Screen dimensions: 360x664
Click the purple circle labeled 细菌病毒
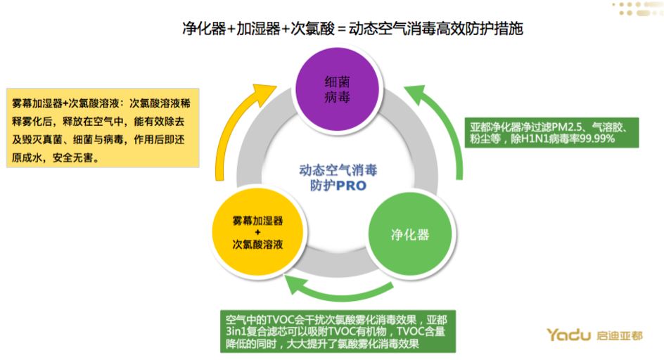[333, 89]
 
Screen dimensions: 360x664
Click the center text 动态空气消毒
[338, 170]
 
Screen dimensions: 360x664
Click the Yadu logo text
[568, 335]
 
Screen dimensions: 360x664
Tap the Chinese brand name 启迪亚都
[619, 335]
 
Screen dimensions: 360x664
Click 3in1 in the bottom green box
[231, 330]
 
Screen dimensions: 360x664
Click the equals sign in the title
[343, 30]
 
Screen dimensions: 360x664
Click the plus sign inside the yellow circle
[257, 232]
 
